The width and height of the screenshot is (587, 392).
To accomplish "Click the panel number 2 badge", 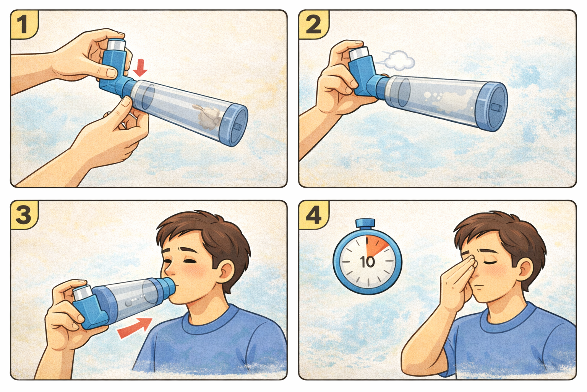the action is (313, 24).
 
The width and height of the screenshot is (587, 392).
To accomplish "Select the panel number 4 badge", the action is (313, 215).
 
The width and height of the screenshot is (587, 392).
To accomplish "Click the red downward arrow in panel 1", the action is (140, 68).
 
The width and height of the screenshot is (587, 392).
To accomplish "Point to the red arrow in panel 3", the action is (135, 328).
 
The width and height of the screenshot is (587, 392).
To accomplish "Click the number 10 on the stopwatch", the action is (367, 262).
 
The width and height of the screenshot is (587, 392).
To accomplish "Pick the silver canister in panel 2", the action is (359, 54).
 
